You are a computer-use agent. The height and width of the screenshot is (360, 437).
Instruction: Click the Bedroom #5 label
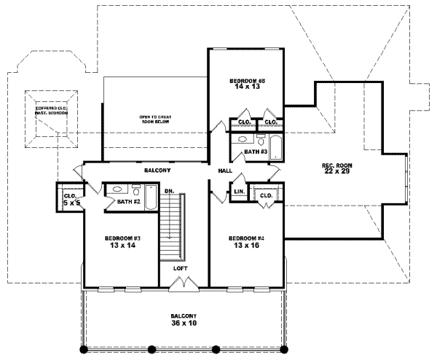(245, 82)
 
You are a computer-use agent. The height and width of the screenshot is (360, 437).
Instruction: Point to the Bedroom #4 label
(244, 242)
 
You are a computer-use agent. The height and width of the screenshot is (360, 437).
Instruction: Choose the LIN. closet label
(238, 192)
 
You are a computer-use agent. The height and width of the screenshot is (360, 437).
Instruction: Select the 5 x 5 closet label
(71, 200)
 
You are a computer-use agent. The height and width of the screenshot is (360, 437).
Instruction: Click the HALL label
(225, 171)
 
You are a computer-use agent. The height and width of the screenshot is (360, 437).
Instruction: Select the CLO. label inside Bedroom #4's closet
(266, 195)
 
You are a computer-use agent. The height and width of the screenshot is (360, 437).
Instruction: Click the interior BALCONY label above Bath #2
(157, 170)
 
